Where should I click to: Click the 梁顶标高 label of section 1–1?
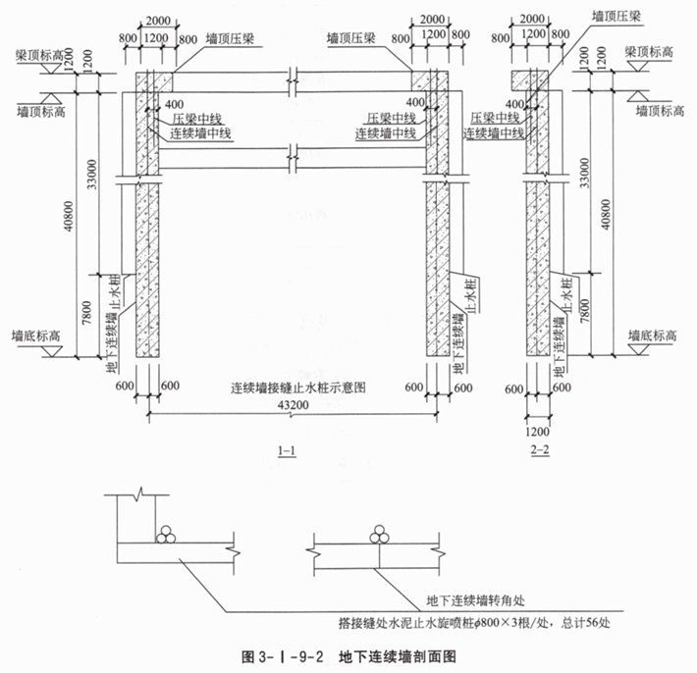(x=36, y=57)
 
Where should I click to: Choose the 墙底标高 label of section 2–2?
(x=652, y=336)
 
